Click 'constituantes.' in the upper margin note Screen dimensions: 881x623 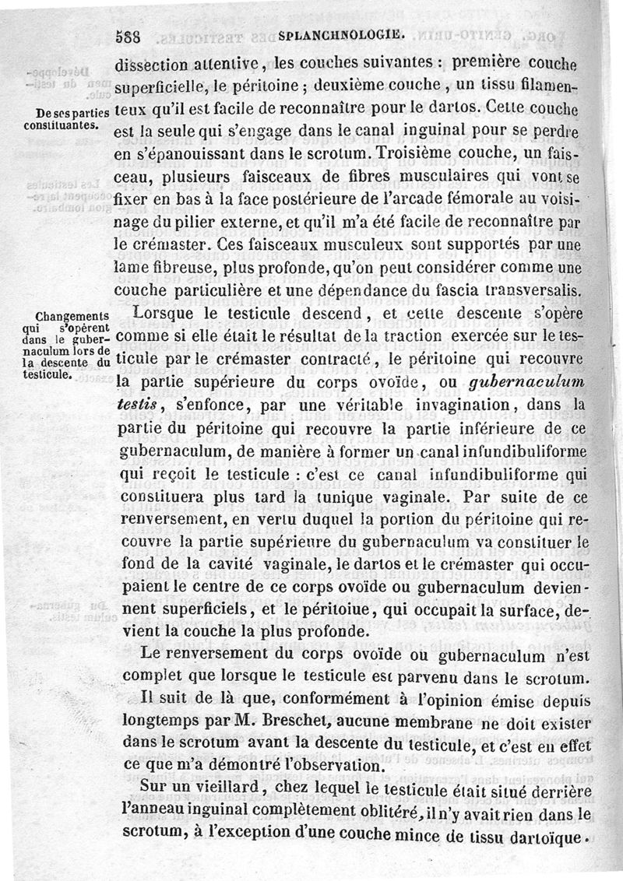click(x=59, y=124)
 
